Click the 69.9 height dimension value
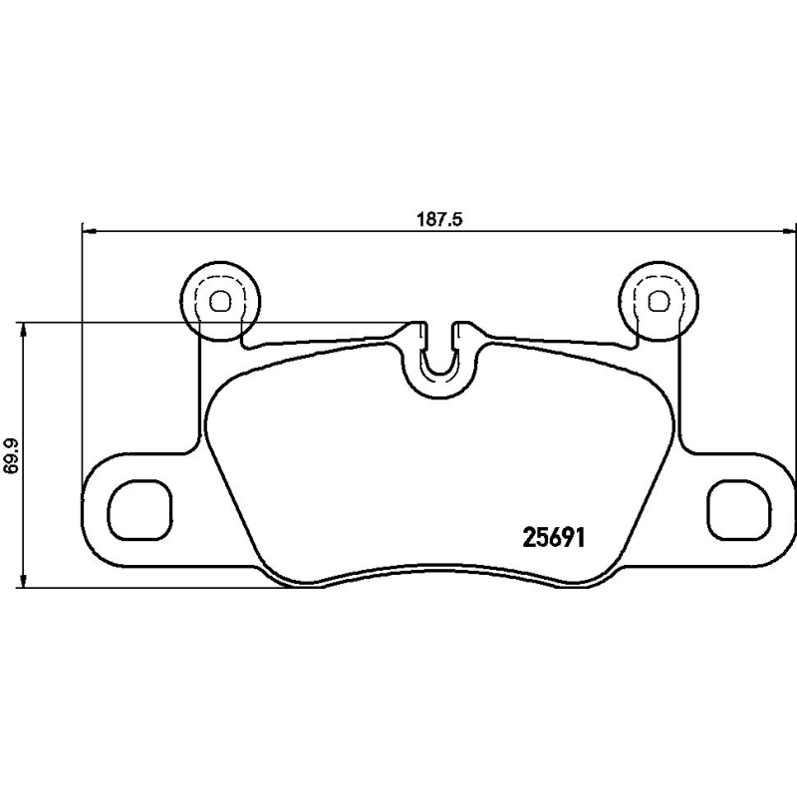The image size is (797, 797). (12, 455)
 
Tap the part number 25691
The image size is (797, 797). (553, 538)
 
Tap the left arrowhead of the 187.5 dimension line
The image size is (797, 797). (87, 232)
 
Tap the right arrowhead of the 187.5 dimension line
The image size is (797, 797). (788, 232)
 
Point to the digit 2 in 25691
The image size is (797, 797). (530, 538)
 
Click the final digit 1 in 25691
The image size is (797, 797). (577, 538)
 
